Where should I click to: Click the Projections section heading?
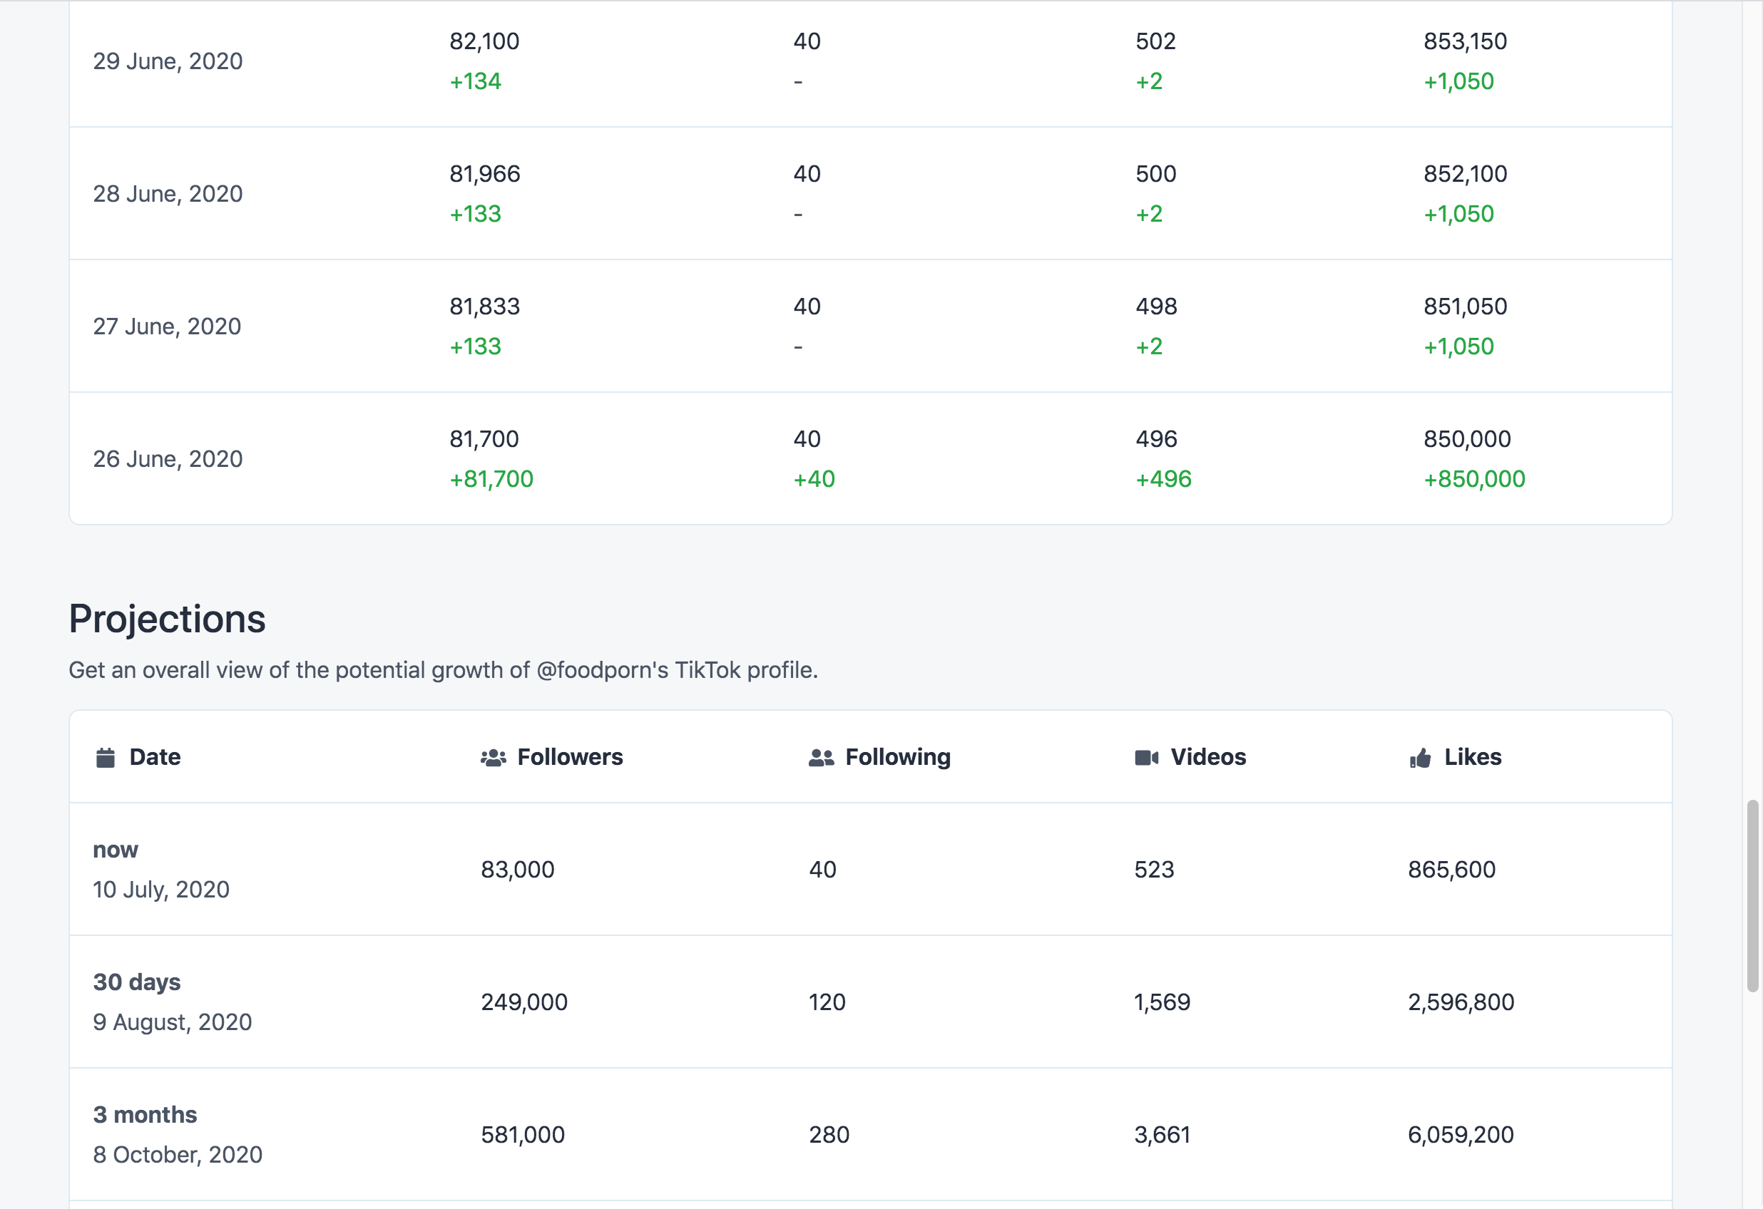point(167,619)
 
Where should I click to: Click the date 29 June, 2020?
point(168,61)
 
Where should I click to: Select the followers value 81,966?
point(485,174)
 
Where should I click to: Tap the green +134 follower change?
point(476,81)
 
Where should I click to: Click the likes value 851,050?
point(1465,307)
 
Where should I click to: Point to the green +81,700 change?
point(491,479)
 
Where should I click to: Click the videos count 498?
point(1156,307)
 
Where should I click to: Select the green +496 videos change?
point(1163,479)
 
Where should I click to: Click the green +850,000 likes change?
point(1474,479)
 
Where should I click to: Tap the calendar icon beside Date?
point(106,758)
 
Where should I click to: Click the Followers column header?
point(570,757)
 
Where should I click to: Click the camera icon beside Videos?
point(1146,758)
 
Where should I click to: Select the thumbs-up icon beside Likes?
point(1420,758)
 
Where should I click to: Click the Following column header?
point(897,757)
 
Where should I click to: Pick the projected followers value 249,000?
point(524,1002)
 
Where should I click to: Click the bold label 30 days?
point(136,982)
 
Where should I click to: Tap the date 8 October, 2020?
point(178,1154)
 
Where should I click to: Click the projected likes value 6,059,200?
point(1461,1135)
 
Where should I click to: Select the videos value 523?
point(1154,869)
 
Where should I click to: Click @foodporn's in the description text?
point(603,671)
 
